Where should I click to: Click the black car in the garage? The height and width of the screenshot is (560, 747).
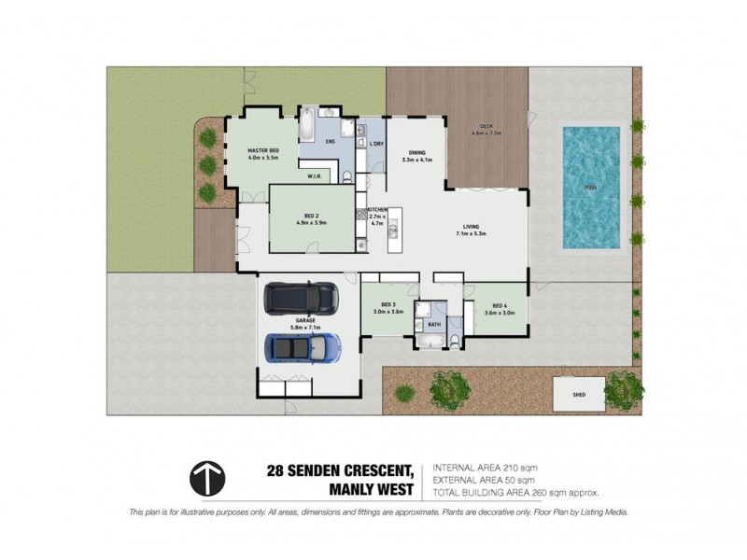(x=302, y=298)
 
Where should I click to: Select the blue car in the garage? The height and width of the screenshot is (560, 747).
(x=301, y=348)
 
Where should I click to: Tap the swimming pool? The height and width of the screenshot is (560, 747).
(x=590, y=188)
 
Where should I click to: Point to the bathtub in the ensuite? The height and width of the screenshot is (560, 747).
(x=308, y=121)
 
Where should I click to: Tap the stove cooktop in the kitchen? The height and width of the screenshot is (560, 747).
(x=359, y=216)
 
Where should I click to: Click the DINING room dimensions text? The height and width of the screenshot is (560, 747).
(x=418, y=160)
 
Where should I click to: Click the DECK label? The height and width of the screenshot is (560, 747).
(x=486, y=126)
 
